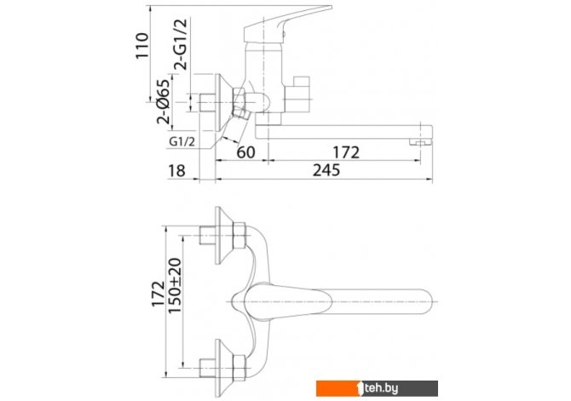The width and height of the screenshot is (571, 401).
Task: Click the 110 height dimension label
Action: point(142,45)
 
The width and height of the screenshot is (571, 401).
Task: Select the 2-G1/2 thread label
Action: point(181,44)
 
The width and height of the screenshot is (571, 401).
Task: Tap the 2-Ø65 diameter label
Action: point(164,101)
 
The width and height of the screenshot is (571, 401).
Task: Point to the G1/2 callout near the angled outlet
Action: point(182,141)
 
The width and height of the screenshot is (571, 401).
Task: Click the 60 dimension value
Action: point(245,152)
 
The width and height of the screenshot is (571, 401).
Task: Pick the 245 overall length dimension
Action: point(326,170)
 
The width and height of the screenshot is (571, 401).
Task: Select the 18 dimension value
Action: point(176,170)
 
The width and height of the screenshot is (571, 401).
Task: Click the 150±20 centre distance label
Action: point(175,286)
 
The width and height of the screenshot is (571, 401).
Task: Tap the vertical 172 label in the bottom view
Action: point(158,294)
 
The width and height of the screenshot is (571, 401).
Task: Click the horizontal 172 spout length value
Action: point(346,152)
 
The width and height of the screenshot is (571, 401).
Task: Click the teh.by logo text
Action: point(381,388)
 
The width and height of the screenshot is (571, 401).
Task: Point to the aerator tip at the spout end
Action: point(421,142)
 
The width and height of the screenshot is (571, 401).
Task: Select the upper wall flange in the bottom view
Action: point(223,235)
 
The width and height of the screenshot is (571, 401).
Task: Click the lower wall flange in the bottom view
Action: point(223,368)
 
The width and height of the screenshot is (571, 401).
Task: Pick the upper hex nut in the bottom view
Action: point(239,236)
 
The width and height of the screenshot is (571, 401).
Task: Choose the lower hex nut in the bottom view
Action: point(239,368)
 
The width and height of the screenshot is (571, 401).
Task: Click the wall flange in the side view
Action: point(223,103)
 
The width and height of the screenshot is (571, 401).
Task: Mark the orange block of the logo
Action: point(337,388)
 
